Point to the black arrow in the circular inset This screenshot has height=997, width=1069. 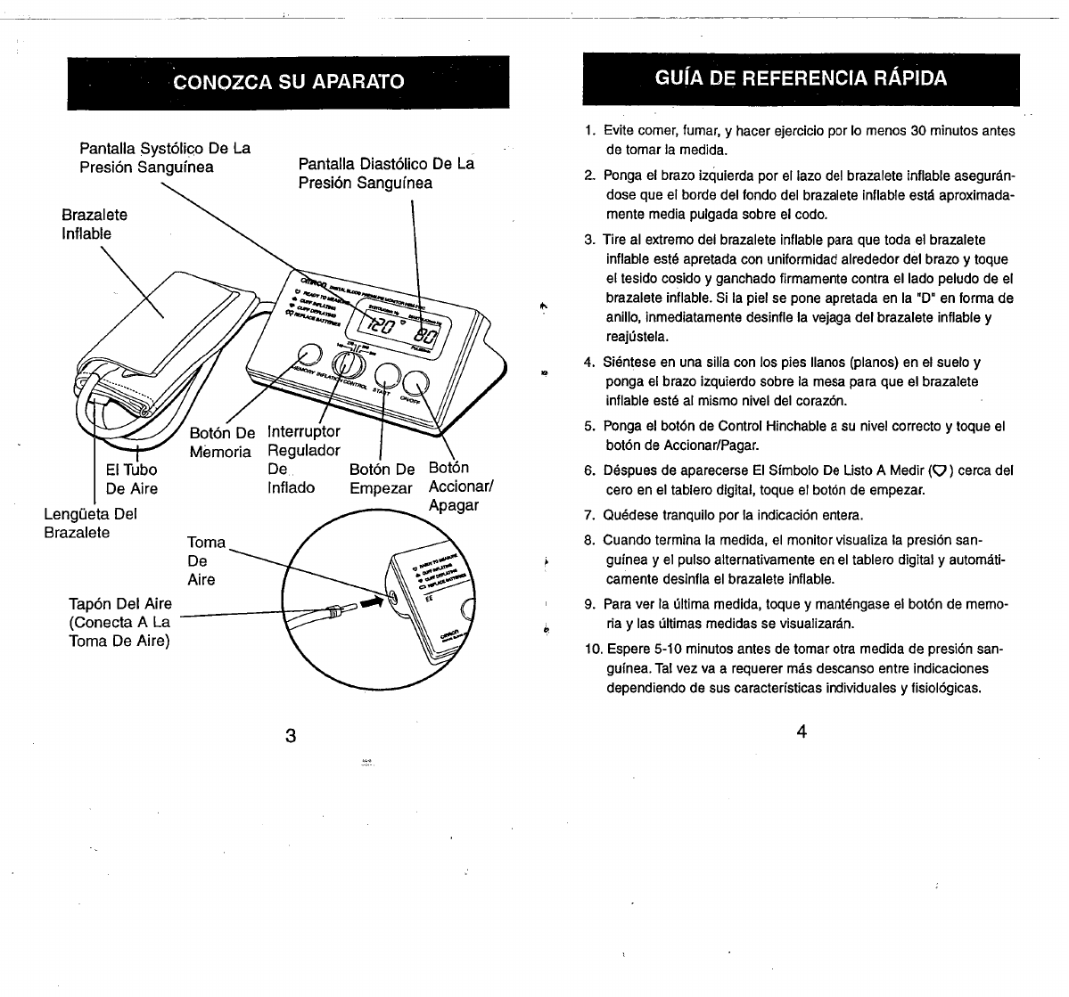click(370, 603)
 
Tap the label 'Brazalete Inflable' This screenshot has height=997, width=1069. click(94, 225)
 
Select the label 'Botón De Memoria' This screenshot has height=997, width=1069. click(222, 443)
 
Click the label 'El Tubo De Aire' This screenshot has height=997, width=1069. click(131, 479)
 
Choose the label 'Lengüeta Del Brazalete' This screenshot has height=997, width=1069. click(90, 523)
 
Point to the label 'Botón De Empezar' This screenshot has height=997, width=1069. click(382, 478)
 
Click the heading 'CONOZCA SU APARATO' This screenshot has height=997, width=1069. click(289, 82)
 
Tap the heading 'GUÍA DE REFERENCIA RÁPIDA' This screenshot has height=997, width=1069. click(801, 78)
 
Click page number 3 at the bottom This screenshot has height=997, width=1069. click(290, 736)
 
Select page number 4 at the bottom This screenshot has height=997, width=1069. click(802, 732)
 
